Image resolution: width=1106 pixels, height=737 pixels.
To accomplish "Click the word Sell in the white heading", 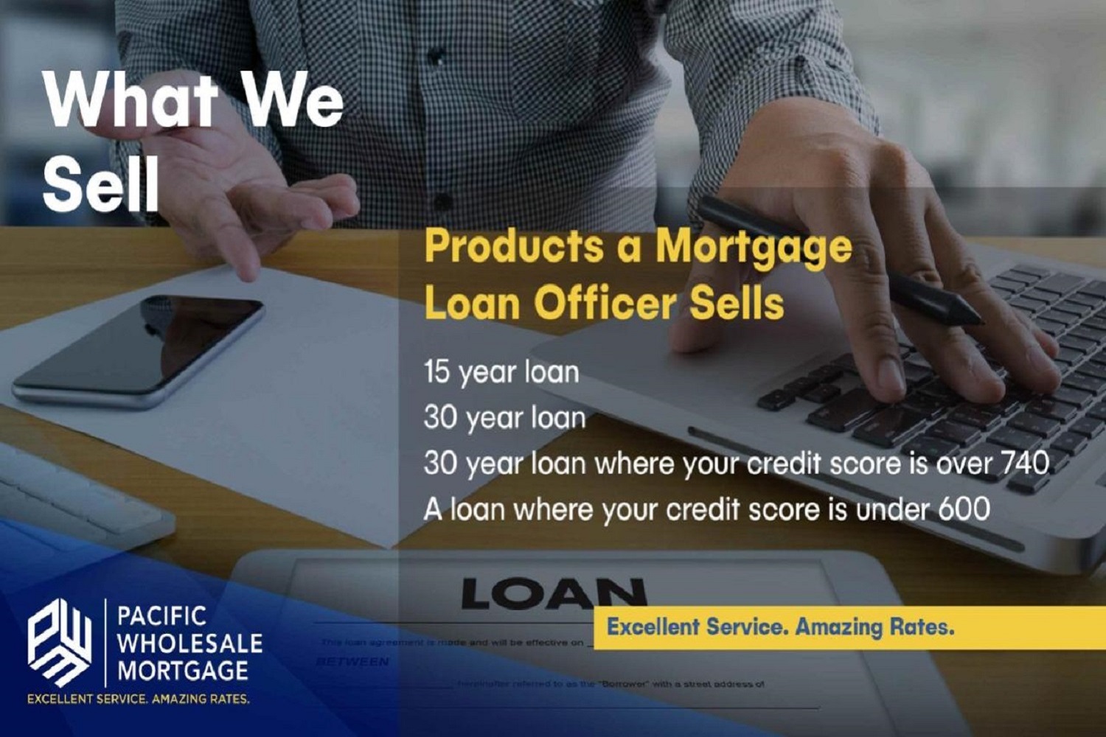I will pos(101,184).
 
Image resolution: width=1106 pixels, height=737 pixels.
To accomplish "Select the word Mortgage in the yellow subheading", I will pos(754,248).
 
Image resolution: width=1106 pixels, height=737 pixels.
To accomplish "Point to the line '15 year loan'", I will pos(501,372).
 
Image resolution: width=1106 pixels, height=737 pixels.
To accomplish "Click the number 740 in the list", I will pos(1024,463).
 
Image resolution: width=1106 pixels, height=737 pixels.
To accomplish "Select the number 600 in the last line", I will pos(964,509).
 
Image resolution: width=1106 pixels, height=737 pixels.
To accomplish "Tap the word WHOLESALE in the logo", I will pos(189,643).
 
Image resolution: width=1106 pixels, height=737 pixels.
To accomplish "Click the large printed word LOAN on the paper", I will pos(553,594).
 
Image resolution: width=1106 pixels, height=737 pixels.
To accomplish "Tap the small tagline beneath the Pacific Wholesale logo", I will pos(139,699).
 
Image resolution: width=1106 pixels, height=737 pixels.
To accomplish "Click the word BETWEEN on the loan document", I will pos(352,662).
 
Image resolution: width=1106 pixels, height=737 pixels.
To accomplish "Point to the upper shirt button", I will pos(436,55).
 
